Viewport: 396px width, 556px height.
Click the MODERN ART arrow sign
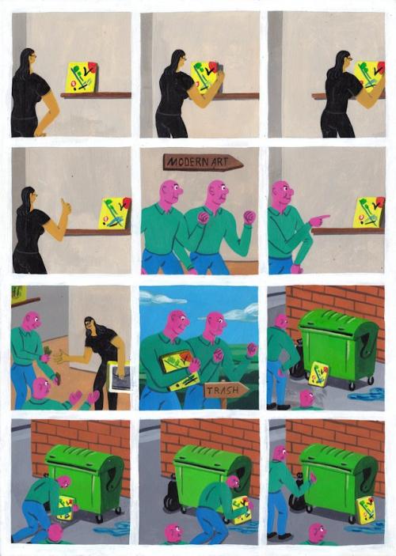tap(204, 162)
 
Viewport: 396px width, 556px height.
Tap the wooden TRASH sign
tap(227, 391)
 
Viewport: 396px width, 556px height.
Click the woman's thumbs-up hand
tap(66, 206)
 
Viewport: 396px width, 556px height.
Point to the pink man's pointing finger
tap(323, 217)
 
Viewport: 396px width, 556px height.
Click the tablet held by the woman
tap(120, 376)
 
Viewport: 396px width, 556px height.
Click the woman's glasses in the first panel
tap(32, 56)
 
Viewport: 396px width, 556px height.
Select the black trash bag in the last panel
tap(297, 497)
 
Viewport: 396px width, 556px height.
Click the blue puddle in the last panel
tap(369, 527)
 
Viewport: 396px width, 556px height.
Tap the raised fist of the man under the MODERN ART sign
tap(249, 217)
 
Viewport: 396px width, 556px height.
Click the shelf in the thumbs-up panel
tap(97, 233)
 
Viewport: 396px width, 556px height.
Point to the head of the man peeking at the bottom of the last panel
tap(318, 532)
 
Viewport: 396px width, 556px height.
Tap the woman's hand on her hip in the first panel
tap(40, 134)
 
